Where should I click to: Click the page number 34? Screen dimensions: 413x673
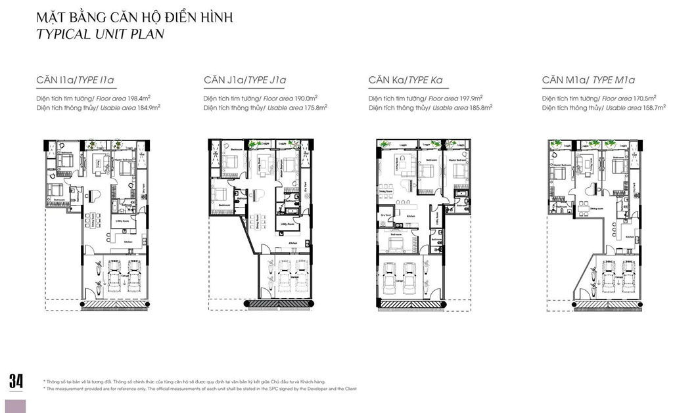click(x=16, y=381)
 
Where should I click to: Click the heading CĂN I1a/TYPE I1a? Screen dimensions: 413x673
click(x=76, y=81)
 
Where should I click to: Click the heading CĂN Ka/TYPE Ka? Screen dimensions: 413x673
click(x=406, y=81)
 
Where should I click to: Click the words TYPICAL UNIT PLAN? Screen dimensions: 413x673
click(x=101, y=34)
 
